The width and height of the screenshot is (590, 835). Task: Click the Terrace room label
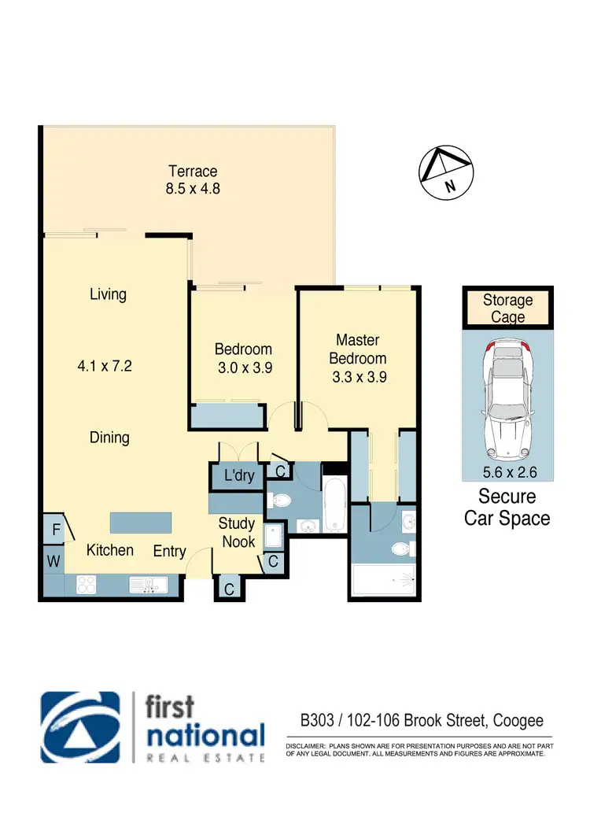coord(192,172)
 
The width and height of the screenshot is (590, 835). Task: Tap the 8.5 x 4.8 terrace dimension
coord(192,190)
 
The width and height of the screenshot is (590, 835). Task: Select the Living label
coord(108,294)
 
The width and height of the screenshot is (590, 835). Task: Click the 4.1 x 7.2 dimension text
coord(108,366)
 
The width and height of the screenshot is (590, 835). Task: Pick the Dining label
coord(109,438)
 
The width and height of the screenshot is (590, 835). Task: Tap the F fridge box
coord(56,530)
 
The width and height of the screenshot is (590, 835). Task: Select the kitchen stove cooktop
coord(86,585)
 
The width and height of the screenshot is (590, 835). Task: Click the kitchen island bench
coord(140,522)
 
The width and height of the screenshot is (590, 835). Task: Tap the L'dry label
coord(239,476)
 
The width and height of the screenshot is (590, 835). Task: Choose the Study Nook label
coord(237,532)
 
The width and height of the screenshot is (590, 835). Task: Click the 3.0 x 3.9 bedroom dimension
coord(243,367)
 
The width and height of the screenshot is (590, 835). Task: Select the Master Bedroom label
coord(358,349)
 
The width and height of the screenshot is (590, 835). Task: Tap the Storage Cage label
coord(507,309)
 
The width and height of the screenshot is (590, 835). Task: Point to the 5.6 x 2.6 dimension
coord(507,473)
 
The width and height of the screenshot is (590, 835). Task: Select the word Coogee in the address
coord(518,720)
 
